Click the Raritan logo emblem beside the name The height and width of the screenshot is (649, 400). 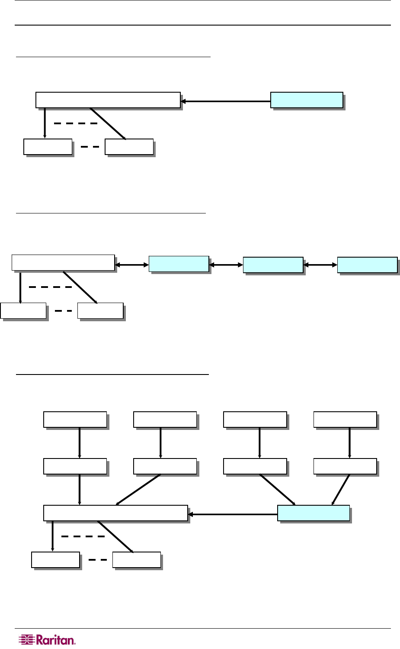[x=26, y=640]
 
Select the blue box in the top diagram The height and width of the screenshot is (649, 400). [x=307, y=100]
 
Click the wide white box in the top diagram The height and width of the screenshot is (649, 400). [x=108, y=100]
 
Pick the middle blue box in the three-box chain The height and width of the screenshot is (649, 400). [x=273, y=265]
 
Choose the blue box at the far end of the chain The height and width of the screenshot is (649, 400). [x=367, y=265]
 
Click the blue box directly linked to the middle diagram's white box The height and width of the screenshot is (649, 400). [x=179, y=264]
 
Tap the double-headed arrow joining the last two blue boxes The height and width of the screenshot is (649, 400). [x=320, y=264]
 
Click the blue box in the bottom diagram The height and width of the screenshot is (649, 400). [x=313, y=513]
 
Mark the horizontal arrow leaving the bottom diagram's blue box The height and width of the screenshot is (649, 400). [x=233, y=514]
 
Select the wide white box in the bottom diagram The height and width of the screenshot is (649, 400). [x=115, y=513]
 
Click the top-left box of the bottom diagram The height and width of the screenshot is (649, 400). [x=75, y=420]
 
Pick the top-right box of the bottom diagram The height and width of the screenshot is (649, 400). [x=345, y=420]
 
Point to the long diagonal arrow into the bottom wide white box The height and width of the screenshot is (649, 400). [x=138, y=490]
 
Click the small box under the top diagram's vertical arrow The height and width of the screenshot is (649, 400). [x=48, y=147]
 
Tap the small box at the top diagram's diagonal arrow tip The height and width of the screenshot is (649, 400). [x=129, y=147]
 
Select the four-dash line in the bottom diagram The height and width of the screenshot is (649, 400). [x=83, y=536]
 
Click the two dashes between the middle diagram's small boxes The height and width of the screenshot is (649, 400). [x=64, y=310]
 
